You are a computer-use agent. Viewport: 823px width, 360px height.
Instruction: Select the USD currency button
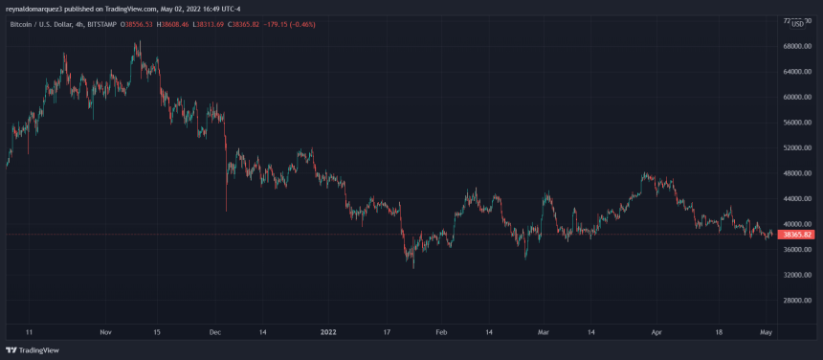click(797, 23)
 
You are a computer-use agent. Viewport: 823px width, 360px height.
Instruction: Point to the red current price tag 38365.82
click(797, 235)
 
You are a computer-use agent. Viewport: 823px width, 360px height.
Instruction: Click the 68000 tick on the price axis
click(796, 46)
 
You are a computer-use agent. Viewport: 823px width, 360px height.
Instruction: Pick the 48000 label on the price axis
click(796, 173)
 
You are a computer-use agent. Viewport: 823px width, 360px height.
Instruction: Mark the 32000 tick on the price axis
click(796, 275)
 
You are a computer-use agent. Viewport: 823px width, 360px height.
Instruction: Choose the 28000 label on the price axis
click(796, 301)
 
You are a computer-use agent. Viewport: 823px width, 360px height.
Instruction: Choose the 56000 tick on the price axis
click(796, 123)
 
